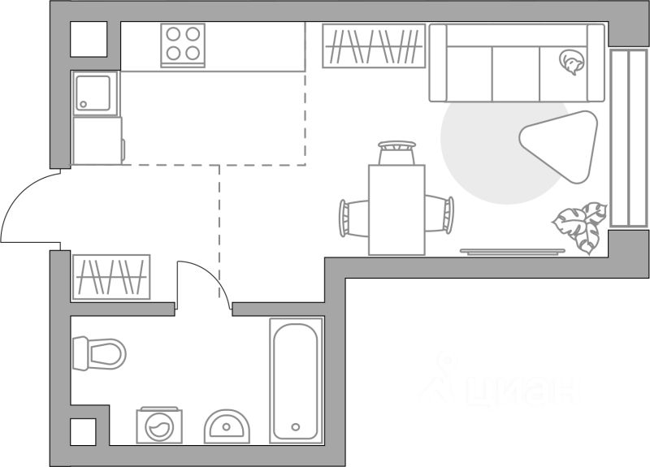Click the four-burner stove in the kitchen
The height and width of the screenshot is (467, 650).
coord(183,44)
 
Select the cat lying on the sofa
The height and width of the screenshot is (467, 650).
coord(571,62)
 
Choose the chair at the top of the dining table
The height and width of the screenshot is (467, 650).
coord(396,152)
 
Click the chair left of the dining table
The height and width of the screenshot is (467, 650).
coord(354,217)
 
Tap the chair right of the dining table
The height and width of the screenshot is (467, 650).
coord(440,214)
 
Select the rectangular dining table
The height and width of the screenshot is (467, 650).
coord(396,210)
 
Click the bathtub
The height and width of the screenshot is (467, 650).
coord(297,379)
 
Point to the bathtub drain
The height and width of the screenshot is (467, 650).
coord(297,426)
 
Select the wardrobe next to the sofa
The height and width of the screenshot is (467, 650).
coord(374,45)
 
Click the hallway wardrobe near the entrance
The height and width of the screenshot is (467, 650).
coord(111,277)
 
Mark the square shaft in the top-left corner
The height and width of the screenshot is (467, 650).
coord(89,39)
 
